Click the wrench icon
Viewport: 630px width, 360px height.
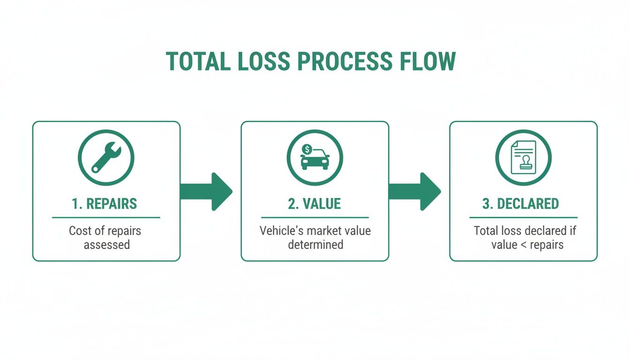[106, 157]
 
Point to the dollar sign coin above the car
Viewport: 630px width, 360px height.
[307, 149]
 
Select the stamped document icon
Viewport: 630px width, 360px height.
[523, 157]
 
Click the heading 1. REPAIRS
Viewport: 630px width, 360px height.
[105, 204]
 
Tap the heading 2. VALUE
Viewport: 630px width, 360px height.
[315, 204]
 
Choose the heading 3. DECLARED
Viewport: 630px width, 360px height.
[520, 204]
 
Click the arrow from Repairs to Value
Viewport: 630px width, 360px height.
[206, 191]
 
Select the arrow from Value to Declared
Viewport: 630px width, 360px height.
[415, 191]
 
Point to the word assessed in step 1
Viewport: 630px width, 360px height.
[107, 244]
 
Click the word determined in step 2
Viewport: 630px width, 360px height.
[315, 244]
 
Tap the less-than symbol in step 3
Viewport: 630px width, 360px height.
[527, 245]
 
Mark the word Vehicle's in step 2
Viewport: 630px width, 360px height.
[279, 231]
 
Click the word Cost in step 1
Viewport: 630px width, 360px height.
[79, 231]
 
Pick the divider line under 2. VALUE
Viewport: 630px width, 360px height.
[315, 217]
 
